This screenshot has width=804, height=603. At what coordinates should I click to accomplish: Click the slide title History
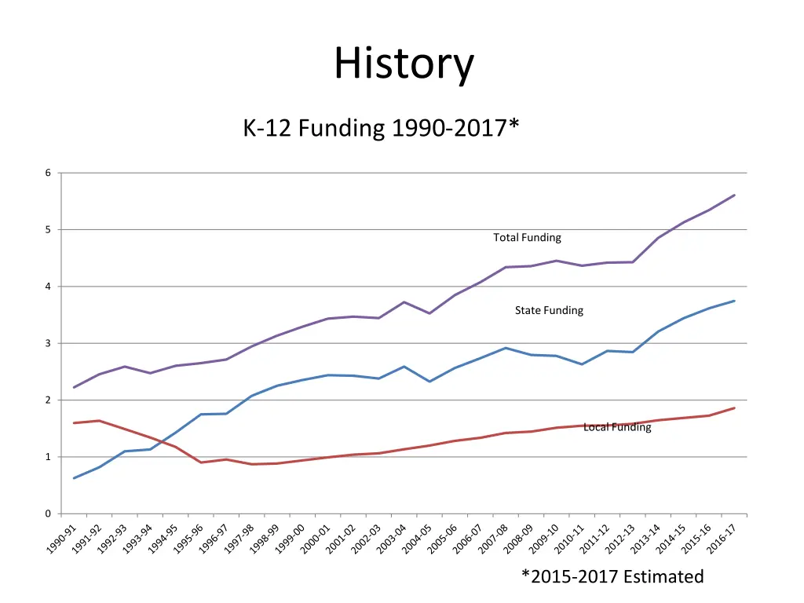click(x=404, y=64)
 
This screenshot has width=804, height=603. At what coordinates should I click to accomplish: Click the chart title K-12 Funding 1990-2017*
click(x=381, y=127)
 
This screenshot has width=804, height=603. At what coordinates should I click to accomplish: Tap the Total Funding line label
click(x=527, y=237)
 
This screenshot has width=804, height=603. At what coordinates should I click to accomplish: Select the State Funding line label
click(x=549, y=310)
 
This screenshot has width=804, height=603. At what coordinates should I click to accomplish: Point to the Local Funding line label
click(x=617, y=427)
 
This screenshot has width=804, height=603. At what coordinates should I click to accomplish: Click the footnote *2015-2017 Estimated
click(x=612, y=577)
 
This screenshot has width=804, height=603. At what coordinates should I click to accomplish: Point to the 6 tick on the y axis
click(x=47, y=173)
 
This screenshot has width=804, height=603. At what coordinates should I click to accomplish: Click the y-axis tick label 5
click(x=47, y=230)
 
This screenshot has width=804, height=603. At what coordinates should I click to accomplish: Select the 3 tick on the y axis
click(x=47, y=343)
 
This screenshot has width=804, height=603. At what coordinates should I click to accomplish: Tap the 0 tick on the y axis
click(x=47, y=513)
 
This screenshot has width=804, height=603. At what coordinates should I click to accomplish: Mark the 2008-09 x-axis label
click(x=519, y=540)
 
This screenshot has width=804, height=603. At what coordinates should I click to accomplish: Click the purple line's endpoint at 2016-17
click(x=735, y=195)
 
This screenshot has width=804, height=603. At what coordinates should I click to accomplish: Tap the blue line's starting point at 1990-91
click(x=74, y=478)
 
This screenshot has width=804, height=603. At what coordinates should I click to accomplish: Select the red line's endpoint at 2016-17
click(x=735, y=407)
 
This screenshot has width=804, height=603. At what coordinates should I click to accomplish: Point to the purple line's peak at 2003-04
click(x=404, y=302)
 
